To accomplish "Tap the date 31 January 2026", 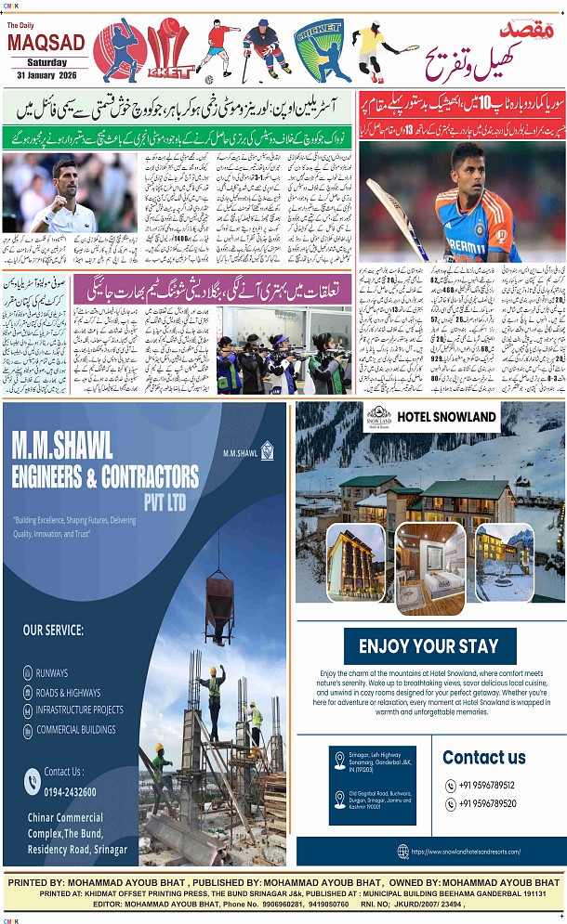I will point(45,73).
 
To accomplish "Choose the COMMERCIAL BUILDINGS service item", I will point(76,729).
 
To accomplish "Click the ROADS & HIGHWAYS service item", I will point(69,692).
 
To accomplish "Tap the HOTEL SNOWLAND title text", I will point(446,417).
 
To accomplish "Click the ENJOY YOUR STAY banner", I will point(429,645).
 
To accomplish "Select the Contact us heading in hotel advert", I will point(484,757).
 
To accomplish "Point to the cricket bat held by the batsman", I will point(395,217).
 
